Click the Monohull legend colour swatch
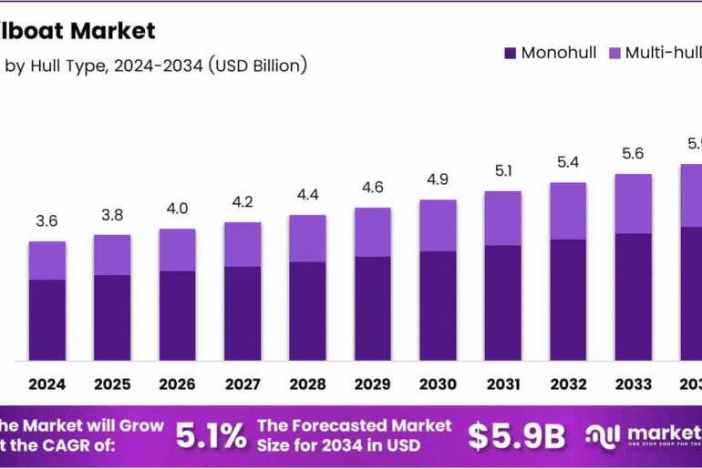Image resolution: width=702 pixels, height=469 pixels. (x=510, y=53)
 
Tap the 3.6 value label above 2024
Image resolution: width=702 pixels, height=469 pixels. (x=46, y=221)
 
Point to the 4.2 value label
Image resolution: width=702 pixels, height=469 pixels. (x=243, y=202)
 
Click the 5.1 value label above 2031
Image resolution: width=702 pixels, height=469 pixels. (x=502, y=170)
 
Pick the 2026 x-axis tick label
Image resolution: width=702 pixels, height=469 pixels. (x=177, y=384)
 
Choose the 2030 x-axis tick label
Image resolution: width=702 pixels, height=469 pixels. (x=438, y=384)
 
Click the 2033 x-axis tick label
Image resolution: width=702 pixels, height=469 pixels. (x=633, y=384)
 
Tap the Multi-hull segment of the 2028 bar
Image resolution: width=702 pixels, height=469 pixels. (x=307, y=239)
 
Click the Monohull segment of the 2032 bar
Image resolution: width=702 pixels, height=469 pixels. (x=568, y=300)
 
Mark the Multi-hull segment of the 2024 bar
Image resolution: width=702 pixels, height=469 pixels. (x=46, y=260)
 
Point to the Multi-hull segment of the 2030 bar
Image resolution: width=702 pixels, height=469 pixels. (x=438, y=226)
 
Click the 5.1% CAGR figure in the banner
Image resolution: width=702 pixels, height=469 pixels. (x=211, y=436)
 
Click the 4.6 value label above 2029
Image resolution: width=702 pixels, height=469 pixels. (x=373, y=188)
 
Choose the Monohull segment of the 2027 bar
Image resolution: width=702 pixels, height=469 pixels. (x=243, y=313)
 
